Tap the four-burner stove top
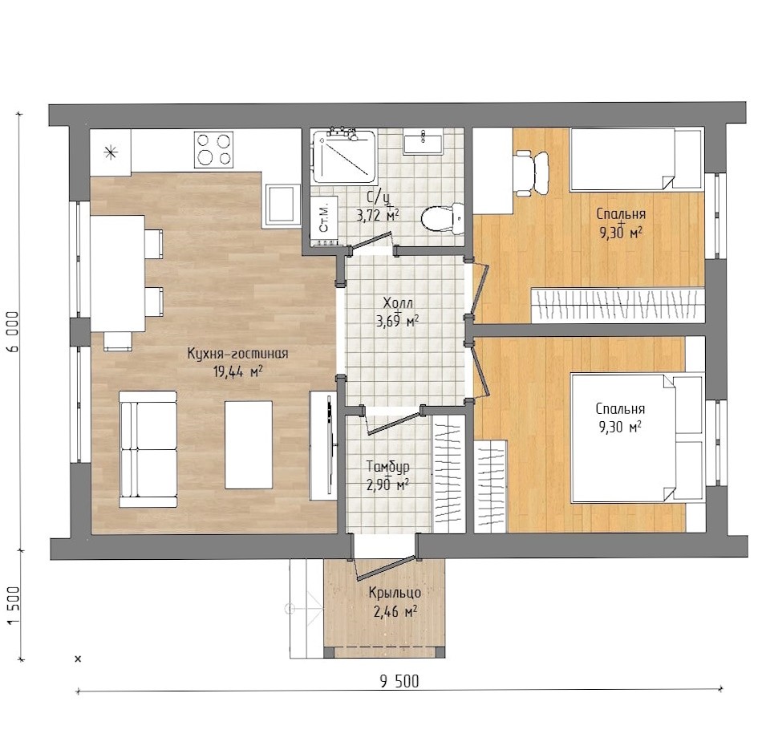tap(213, 150)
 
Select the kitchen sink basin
tap(282, 205)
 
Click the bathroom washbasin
tap(423, 143)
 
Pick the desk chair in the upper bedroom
tap(532, 173)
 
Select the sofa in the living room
tap(148, 449)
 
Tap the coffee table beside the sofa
tap(249, 444)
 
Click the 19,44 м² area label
tap(237, 372)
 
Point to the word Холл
tap(398, 303)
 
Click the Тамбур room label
tap(387, 467)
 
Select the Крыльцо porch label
tap(395, 593)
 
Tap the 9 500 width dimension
tap(399, 681)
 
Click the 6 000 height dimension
tap(13, 332)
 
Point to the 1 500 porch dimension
tap(13, 606)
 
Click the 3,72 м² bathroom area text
tap(378, 215)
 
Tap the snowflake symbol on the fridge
tap(111, 152)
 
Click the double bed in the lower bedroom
tap(637, 437)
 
